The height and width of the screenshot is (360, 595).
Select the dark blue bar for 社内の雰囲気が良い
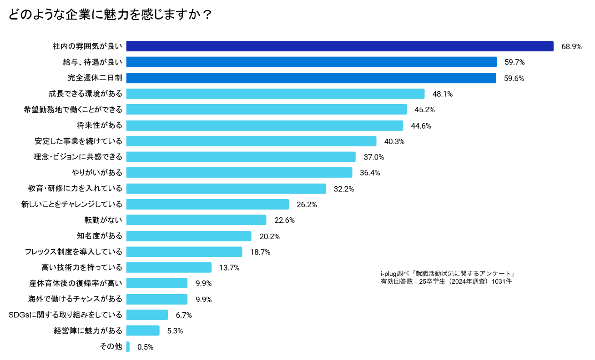click(339, 46)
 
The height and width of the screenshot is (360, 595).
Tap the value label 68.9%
click(571, 46)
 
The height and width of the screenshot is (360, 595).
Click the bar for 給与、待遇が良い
click(311, 62)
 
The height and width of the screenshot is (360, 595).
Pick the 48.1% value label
click(443, 94)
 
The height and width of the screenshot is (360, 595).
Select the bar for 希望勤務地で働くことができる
click(266, 110)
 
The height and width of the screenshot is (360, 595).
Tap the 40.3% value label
click(394, 141)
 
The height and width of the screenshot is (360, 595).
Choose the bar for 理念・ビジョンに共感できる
click(241, 157)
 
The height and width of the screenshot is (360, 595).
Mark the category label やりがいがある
click(97, 173)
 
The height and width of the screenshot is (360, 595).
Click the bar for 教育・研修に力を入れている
click(226, 189)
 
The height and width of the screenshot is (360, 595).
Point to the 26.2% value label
click(307, 205)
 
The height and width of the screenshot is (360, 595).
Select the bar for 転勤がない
click(196, 220)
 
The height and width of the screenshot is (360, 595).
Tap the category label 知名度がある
click(100, 236)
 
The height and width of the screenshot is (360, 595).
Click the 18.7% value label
click(260, 252)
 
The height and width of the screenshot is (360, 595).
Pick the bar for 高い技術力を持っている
click(169, 267)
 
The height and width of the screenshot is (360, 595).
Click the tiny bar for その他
click(128, 346)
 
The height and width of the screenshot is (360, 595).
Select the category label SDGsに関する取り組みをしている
click(66, 315)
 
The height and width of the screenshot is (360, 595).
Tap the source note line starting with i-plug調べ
click(448, 274)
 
